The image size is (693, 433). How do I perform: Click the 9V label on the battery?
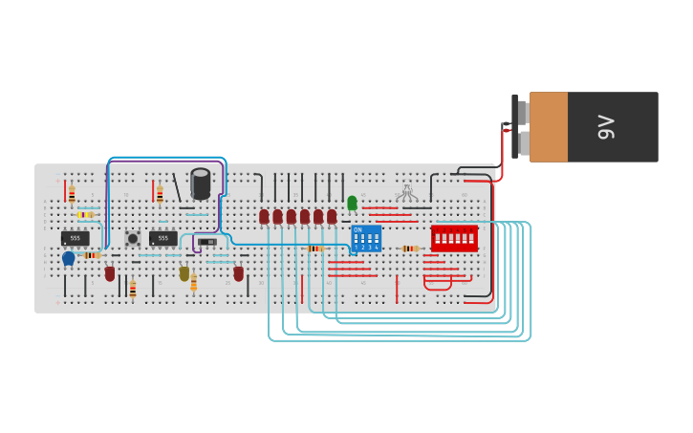click(605, 127)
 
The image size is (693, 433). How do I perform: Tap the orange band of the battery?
click(549, 127)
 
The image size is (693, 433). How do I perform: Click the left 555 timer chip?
click(76, 238)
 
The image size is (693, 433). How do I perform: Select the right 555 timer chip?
click(162, 238)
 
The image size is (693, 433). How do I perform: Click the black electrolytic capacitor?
click(200, 184)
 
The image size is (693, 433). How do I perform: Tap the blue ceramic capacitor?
click(68, 258)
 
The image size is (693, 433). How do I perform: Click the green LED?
click(352, 203)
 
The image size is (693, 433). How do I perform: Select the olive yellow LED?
click(184, 273)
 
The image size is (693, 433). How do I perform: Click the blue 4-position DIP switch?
click(365, 239)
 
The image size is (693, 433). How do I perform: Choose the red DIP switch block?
click(454, 239)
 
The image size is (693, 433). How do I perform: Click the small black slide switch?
click(207, 242)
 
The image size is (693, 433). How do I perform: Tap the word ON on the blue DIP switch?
click(357, 230)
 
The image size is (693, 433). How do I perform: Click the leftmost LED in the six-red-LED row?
click(264, 217)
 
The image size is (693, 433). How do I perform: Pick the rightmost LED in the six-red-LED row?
click(332, 217)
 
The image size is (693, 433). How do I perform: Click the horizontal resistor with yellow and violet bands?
click(86, 215)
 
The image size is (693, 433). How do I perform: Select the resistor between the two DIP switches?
click(409, 249)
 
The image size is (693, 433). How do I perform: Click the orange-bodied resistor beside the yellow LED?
click(193, 283)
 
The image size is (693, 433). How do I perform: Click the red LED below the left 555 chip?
click(110, 273)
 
